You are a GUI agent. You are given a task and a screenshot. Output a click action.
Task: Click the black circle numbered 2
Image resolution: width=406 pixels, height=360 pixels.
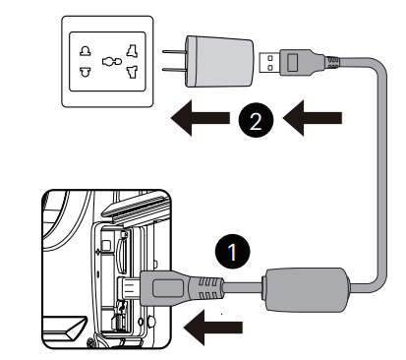[256, 120]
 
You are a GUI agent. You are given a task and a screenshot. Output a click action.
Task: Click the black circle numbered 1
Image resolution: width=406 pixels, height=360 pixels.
[233, 252]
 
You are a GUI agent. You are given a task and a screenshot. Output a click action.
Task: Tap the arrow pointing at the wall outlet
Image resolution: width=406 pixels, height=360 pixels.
[201, 118]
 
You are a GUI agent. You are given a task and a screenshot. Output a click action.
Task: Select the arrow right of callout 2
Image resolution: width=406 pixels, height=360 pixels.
[313, 118]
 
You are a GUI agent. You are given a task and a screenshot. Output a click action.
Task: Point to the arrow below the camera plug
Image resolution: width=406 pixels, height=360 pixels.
[213, 328]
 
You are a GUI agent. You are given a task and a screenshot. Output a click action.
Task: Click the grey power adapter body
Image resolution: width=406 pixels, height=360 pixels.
[219, 61]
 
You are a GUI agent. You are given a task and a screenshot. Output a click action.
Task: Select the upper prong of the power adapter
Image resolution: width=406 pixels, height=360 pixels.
[174, 52]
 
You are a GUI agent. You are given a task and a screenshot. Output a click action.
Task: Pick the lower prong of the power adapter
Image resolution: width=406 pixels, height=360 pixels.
[174, 70]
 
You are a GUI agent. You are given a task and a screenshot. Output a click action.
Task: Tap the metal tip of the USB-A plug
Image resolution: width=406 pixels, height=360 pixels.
[269, 62]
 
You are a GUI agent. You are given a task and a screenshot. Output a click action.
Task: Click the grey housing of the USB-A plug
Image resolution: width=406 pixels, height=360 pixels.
[297, 62]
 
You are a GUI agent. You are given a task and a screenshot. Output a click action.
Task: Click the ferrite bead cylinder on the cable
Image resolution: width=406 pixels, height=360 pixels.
[307, 289]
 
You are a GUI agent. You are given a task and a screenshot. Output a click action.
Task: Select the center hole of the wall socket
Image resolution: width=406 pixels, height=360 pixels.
[112, 61]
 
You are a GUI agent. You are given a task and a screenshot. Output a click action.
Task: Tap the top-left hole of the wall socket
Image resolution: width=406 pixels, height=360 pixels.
[86, 51]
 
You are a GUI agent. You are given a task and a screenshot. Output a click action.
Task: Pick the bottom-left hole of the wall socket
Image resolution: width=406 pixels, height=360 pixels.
[86, 72]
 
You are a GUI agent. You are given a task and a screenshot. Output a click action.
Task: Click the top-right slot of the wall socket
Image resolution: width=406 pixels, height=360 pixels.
[133, 51]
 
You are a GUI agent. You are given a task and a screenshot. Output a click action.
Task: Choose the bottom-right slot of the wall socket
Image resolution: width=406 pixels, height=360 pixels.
[133, 72]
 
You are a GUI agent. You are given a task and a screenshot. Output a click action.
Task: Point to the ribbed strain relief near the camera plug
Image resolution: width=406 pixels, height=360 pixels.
[206, 288]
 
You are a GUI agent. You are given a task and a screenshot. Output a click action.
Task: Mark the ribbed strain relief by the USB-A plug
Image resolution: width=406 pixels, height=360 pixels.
[331, 63]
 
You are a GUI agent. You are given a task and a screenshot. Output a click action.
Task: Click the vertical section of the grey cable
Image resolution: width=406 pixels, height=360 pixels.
[381, 170]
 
